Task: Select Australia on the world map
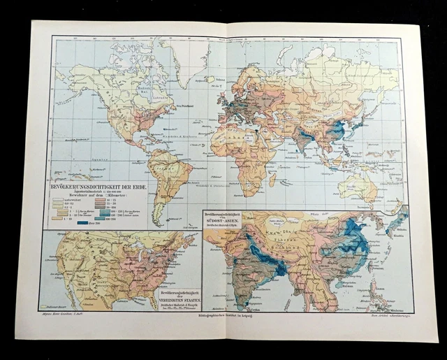click(x=363, y=185)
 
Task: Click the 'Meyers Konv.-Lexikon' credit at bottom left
click(x=67, y=315)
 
